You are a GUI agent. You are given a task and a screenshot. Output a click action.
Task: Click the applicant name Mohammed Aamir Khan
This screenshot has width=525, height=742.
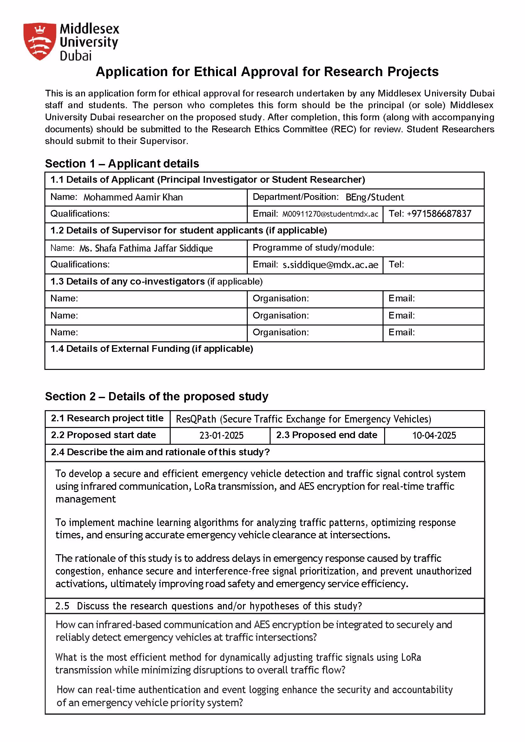(133, 197)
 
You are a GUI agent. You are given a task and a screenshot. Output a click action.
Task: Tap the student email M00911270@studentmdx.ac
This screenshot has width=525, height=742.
(330, 214)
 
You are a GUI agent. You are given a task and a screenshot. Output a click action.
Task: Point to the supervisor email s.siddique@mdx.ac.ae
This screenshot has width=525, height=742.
(330, 265)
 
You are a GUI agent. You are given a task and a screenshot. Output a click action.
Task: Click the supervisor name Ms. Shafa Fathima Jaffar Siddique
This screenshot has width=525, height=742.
(146, 248)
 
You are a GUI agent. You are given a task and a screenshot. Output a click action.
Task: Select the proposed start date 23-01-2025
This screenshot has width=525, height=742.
(221, 436)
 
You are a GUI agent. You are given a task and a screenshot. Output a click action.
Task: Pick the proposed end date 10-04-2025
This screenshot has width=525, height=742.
(434, 436)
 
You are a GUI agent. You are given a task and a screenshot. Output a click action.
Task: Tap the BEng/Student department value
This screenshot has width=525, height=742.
(374, 197)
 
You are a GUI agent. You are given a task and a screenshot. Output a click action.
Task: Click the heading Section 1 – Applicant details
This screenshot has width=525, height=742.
(122, 164)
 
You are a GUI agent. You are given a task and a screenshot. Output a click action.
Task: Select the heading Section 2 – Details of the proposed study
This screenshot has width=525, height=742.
(156, 397)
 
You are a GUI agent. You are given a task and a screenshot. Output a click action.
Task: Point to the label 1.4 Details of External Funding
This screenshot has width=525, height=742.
(152, 349)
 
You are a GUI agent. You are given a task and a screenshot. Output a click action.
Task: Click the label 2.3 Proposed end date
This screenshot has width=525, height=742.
(326, 435)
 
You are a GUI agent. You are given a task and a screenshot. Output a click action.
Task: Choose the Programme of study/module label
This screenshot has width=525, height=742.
(313, 248)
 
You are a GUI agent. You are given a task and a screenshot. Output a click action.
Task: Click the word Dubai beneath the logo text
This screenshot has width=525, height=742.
(75, 56)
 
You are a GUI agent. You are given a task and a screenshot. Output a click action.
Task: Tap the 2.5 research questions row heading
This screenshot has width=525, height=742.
(208, 606)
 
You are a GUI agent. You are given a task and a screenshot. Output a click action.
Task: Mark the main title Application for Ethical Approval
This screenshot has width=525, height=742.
(267, 72)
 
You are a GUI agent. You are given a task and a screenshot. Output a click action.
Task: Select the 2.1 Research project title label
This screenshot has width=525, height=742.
(107, 418)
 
